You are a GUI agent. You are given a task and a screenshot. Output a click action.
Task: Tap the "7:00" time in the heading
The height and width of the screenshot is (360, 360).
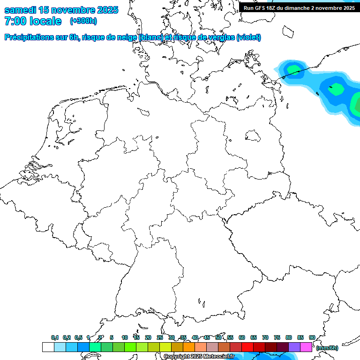click(x=15, y=21)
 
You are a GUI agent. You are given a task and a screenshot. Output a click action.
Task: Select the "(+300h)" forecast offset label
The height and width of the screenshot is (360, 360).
click(x=83, y=21)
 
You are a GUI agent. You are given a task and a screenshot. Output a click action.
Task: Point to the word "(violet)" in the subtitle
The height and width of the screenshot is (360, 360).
click(x=249, y=37)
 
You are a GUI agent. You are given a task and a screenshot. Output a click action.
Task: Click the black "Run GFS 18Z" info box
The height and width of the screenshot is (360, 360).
click(x=299, y=7)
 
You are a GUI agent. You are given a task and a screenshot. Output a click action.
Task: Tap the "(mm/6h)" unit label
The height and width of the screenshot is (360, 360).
click(x=327, y=348)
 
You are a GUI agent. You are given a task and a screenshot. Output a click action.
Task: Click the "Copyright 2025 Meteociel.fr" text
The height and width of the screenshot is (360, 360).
click(x=199, y=356)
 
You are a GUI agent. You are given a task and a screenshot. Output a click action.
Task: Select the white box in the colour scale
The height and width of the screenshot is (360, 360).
click(x=48, y=347)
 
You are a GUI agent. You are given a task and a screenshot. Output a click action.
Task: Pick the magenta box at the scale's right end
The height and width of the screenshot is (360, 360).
click(x=306, y=347)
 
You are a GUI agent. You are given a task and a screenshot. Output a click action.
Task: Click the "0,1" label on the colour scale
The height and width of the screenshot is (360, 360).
click(x=54, y=338)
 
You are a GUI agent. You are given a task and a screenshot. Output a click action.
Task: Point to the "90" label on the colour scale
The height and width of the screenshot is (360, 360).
click(x=312, y=338)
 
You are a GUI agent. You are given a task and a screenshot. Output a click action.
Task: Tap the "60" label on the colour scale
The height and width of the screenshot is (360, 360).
click(x=242, y=338)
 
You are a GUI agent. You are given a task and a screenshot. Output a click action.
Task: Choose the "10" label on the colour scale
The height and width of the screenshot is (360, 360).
click(x=125, y=338)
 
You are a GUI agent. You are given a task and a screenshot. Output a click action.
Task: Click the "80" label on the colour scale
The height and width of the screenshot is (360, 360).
click(x=289, y=338)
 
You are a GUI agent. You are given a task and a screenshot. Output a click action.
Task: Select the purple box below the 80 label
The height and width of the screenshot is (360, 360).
click(x=294, y=347)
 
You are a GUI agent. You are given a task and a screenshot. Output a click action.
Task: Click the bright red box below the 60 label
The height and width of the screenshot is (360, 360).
click(x=247, y=347)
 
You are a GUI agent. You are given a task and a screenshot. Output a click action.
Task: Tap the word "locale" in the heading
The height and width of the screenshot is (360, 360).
click(x=45, y=21)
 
